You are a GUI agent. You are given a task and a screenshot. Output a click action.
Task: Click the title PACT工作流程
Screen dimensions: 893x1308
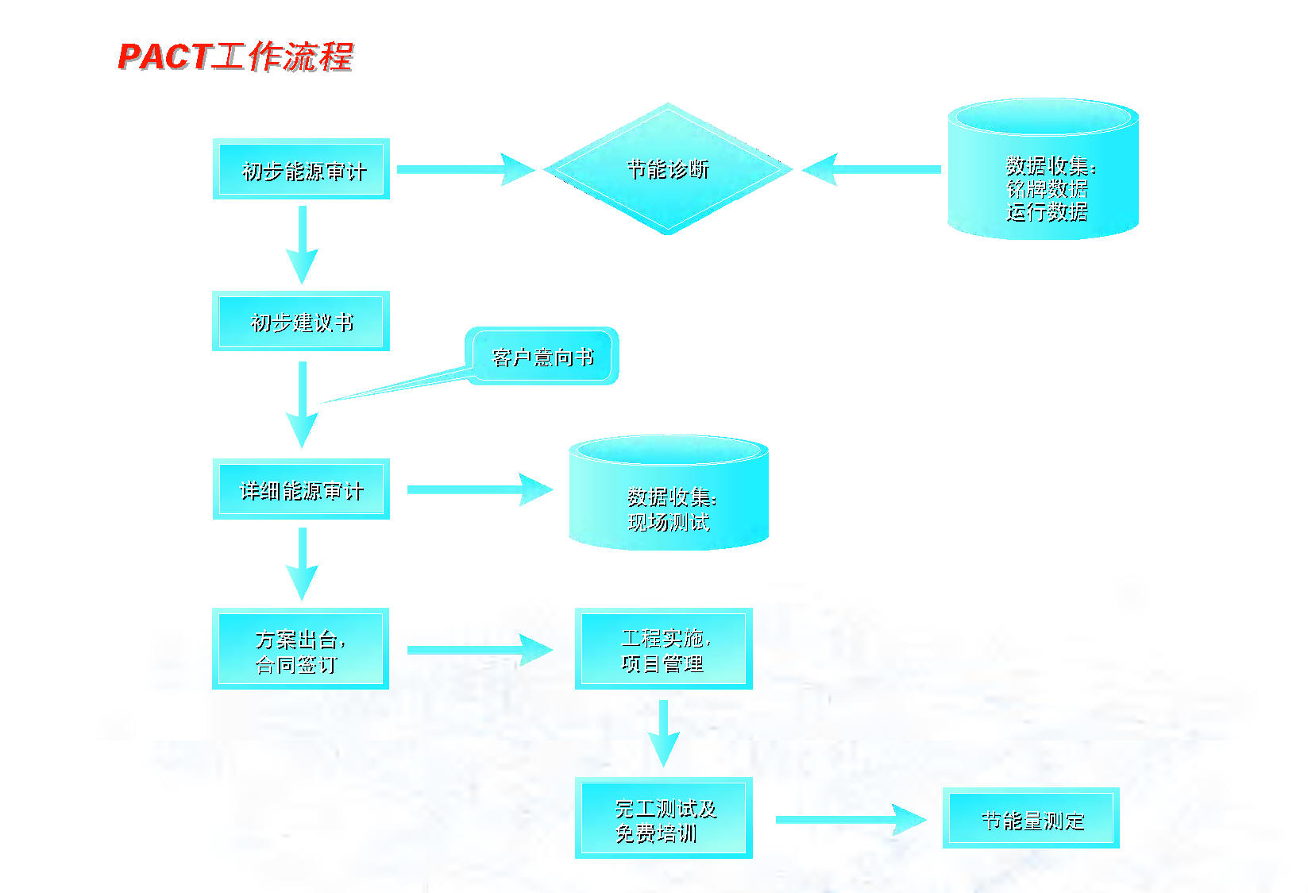pos(235,57)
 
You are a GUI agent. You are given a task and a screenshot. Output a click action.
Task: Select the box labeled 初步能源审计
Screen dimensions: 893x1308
pos(302,169)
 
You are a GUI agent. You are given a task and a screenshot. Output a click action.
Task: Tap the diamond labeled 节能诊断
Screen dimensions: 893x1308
pos(667,169)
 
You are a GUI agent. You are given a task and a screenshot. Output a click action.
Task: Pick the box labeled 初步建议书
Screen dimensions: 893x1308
pos(301,321)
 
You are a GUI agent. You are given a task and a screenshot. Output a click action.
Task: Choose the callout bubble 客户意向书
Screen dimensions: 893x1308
pos(542,357)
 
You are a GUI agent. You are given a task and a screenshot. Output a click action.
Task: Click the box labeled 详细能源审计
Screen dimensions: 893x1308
pos(301,489)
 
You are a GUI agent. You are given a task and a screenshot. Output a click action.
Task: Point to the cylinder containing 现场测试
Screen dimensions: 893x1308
pos(669,497)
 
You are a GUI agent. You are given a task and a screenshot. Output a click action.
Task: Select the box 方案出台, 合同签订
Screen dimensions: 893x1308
pos(301,649)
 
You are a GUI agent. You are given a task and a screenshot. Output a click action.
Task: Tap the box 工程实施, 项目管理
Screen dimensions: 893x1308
pos(663,649)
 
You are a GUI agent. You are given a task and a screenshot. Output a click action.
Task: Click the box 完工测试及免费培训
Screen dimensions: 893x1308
pos(663,818)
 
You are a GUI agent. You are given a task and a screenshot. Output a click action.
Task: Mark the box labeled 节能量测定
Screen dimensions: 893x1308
pos(1031,818)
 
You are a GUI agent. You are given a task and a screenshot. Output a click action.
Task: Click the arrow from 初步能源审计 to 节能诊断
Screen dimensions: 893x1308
pos(465,169)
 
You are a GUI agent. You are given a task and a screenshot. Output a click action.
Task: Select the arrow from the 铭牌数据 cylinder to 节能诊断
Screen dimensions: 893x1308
pos(872,169)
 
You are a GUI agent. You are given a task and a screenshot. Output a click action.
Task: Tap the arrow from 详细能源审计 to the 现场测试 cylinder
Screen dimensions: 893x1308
pos(479,489)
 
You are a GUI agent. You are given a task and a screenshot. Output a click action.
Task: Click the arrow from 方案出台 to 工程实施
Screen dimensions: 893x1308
pos(479,650)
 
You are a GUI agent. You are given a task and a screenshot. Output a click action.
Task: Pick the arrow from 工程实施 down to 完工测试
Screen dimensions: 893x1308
pos(663,733)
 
